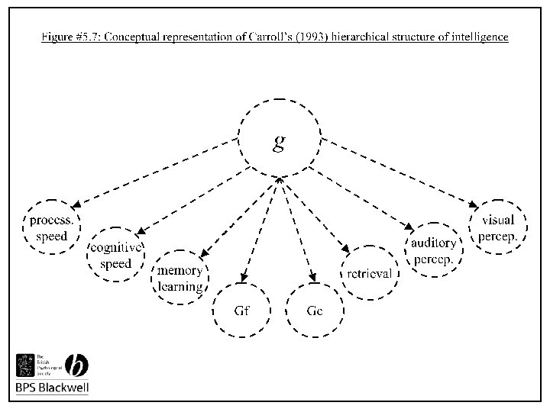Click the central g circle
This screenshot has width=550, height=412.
[279, 142]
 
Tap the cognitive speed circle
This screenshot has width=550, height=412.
[116, 255]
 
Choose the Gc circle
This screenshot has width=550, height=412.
[315, 311]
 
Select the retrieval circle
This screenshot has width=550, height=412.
[370, 273]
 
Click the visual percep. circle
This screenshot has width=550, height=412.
[497, 227]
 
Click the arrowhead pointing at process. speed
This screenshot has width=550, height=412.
[77, 204]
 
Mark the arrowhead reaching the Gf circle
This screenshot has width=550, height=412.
[243, 279]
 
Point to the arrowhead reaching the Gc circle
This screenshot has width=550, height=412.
[312, 279]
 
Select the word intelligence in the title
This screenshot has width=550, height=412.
[477, 36]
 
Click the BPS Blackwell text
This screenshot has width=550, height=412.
[53, 388]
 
